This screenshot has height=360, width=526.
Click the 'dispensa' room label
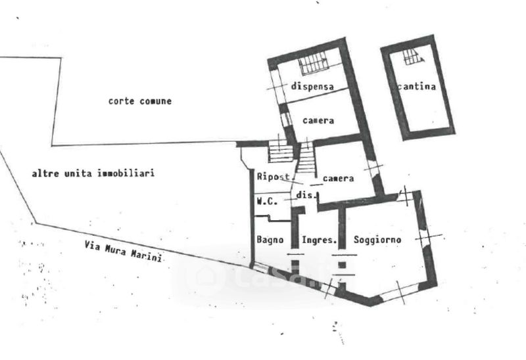coord(312,86)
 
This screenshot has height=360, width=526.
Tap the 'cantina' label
coord(416,86)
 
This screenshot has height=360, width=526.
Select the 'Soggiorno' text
coord(377,239)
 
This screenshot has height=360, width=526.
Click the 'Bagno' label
coord(270,240)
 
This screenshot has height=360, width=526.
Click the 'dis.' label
coord(307,195)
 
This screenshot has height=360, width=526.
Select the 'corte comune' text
coord(140,101)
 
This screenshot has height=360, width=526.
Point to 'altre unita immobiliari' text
coord(93,173)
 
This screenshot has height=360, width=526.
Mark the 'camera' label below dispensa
coord(318,121)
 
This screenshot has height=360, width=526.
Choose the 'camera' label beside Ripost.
coord(339,178)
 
